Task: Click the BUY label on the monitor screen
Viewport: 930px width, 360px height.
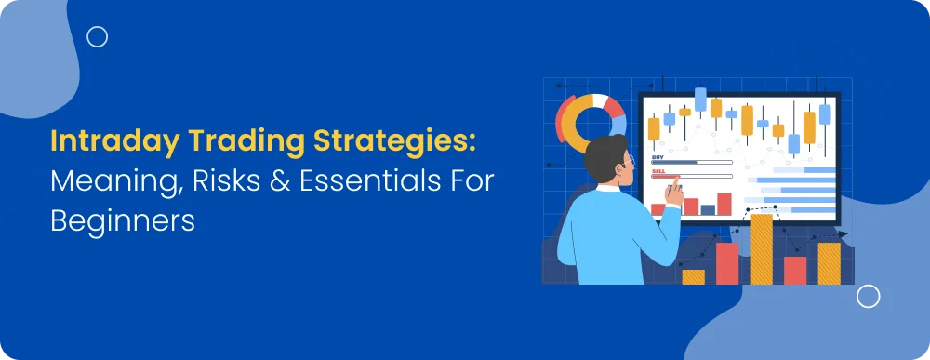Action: click(658, 156)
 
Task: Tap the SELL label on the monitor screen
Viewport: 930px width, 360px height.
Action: click(658, 171)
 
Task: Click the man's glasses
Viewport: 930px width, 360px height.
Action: click(629, 160)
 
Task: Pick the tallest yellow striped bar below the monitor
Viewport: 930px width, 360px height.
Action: click(761, 249)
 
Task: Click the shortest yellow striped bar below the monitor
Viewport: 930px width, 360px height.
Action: click(694, 277)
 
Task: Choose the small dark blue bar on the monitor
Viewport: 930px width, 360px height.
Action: click(708, 210)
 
